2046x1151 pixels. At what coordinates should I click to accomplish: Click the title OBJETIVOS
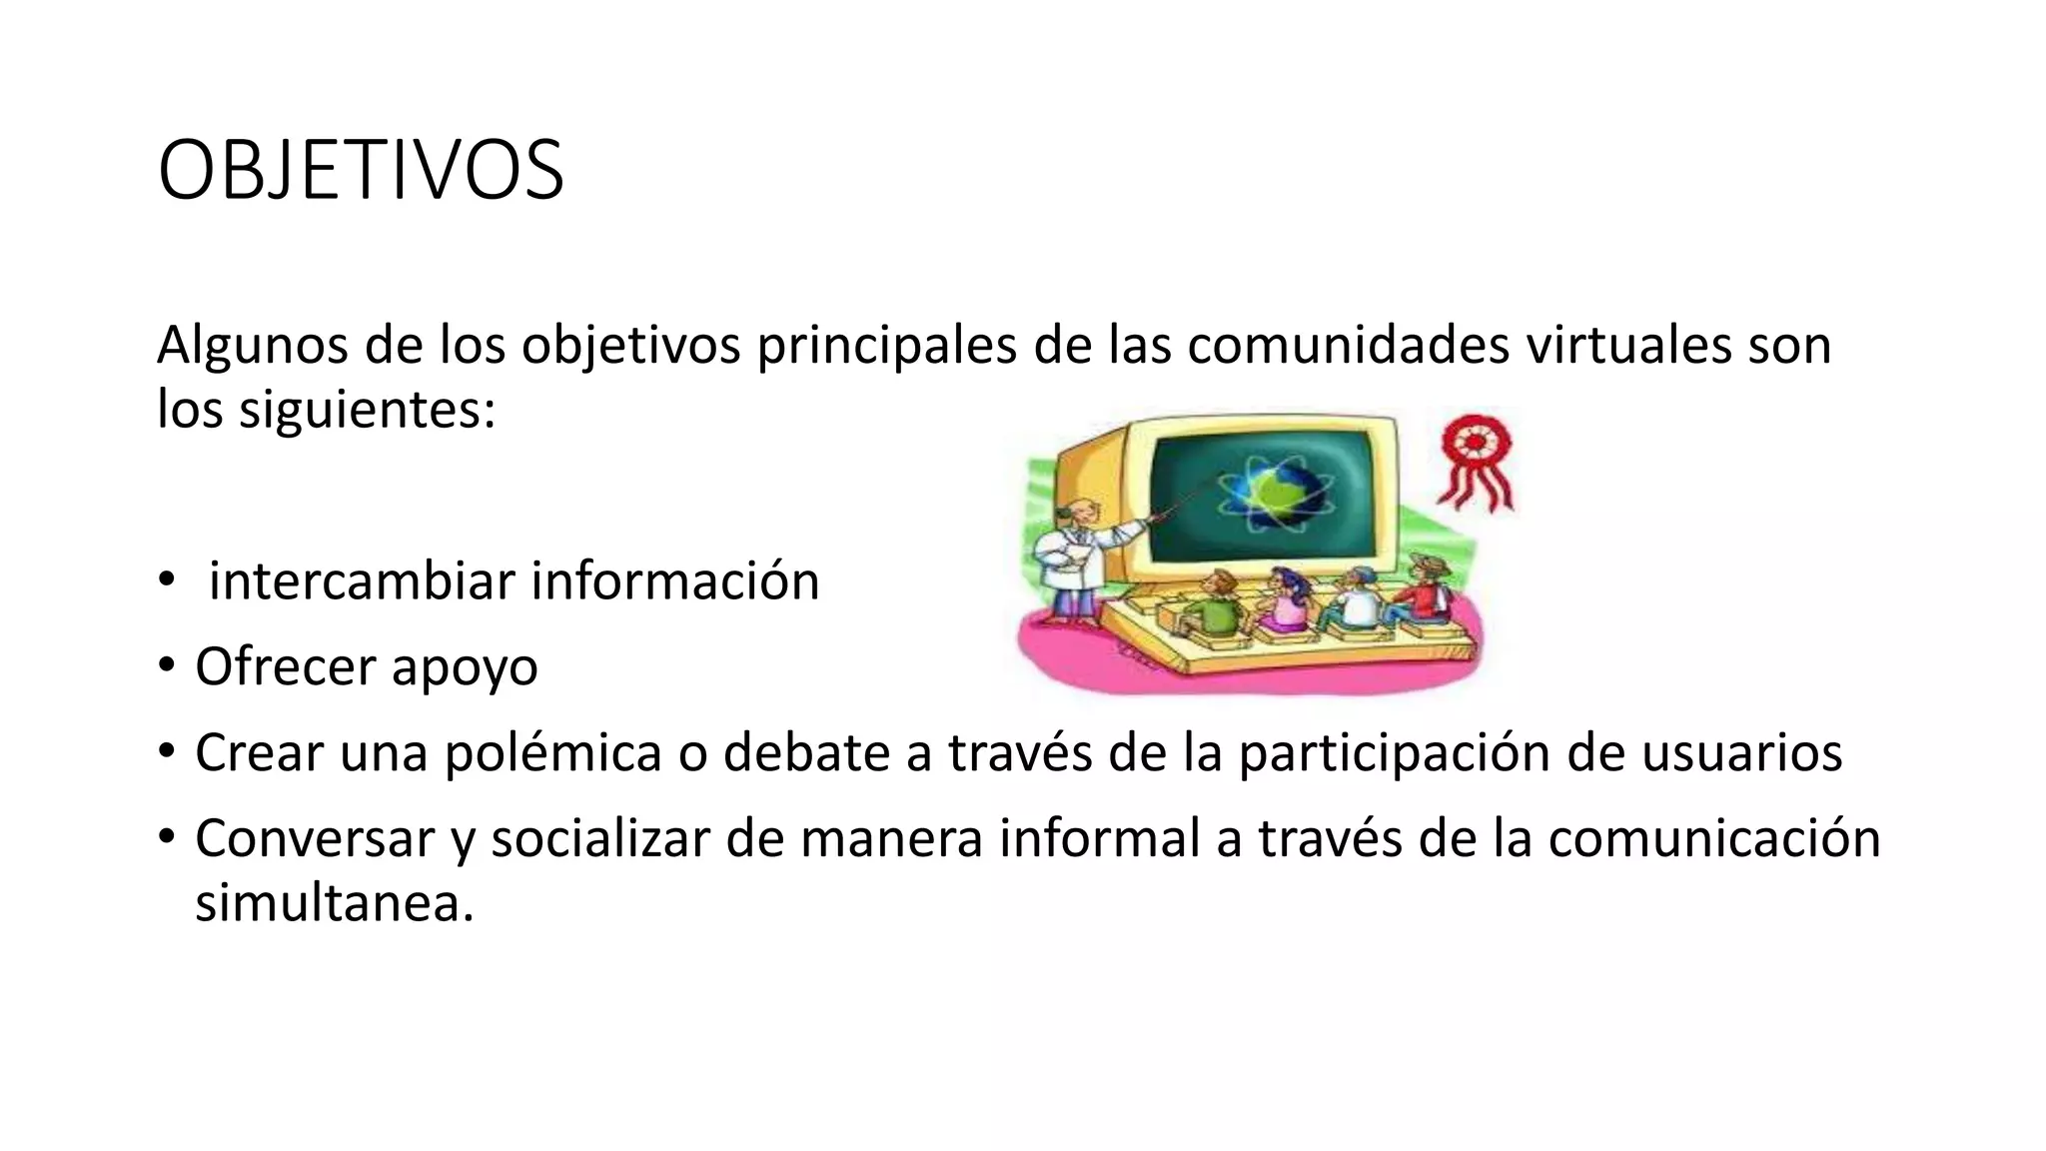click(x=361, y=171)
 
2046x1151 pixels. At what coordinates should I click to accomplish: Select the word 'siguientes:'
click(x=367, y=410)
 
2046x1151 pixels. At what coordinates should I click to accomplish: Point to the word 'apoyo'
click(x=465, y=667)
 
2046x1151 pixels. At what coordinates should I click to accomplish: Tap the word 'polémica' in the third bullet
click(x=552, y=752)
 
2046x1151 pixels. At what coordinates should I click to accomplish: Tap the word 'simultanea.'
click(x=334, y=903)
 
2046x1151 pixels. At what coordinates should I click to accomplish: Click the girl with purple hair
click(x=1284, y=599)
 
